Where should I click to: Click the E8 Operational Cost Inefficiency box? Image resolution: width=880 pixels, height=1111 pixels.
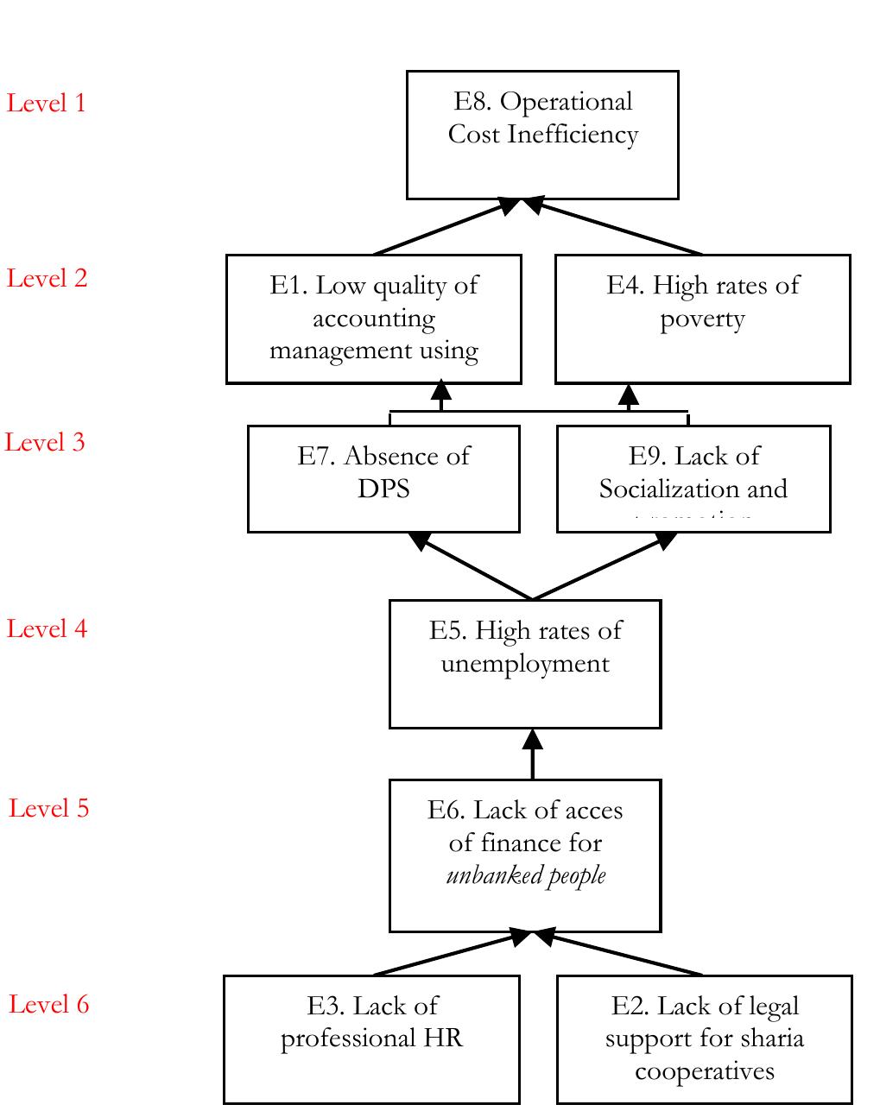pos(542,135)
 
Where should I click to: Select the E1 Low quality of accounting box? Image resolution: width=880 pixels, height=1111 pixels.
pos(374,319)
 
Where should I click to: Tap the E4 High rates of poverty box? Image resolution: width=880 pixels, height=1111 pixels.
pos(702,319)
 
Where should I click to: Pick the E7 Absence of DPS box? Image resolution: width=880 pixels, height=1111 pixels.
pos(383,478)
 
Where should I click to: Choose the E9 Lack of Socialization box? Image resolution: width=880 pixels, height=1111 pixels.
pos(693,478)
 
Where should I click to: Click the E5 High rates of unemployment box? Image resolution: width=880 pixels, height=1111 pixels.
pos(525,664)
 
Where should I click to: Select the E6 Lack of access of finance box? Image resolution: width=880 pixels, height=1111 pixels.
pos(525,855)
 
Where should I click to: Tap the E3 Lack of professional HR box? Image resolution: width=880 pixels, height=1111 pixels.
pos(371,1038)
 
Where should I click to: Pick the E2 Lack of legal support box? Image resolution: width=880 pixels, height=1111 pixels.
pos(704,1038)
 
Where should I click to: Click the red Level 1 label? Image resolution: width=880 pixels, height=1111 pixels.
pos(47,103)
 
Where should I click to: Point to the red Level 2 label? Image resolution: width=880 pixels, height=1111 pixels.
pos(47,278)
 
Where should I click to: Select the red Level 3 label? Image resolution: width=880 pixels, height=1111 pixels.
pos(45,442)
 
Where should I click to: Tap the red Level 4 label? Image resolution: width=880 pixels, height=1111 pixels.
pos(47,628)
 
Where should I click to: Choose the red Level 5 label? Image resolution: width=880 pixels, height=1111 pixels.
pos(49,808)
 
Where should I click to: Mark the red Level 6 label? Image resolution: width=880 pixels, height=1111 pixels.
pos(49,1004)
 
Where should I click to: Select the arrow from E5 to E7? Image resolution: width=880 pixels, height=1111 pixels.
pos(473,566)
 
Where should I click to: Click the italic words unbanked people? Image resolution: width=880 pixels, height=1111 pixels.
pos(526,875)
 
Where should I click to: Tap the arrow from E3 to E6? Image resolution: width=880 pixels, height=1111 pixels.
pos(449,954)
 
